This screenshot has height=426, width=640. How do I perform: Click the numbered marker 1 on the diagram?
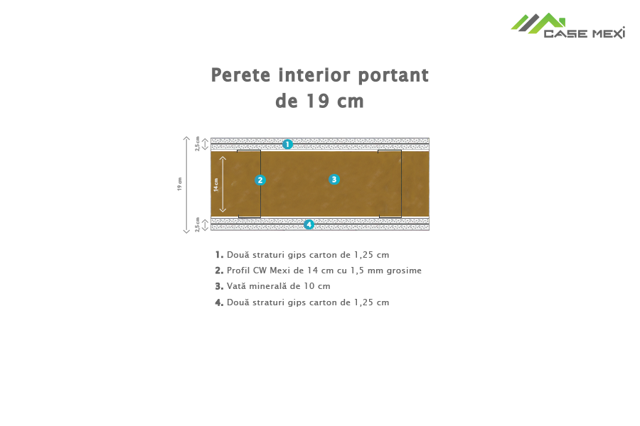click(x=287, y=144)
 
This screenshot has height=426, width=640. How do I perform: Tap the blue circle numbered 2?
click(x=260, y=180)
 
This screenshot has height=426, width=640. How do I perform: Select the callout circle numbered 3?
click(x=334, y=180)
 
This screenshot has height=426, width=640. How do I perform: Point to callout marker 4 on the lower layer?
click(x=309, y=224)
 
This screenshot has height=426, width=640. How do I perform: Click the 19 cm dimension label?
click(x=179, y=185)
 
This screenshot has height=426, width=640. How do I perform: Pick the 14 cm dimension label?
click(x=216, y=185)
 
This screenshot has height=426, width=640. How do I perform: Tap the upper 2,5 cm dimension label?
click(x=198, y=143)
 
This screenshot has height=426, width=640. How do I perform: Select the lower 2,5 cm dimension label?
click(x=198, y=224)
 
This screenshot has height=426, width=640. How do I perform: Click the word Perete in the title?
click(x=240, y=75)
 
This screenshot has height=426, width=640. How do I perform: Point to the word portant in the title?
click(x=393, y=76)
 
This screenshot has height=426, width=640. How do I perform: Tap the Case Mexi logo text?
click(x=584, y=33)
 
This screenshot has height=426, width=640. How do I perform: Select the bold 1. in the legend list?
click(x=219, y=255)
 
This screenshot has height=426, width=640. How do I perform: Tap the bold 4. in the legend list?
click(x=219, y=302)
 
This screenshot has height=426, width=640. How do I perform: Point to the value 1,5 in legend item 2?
click(x=357, y=271)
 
